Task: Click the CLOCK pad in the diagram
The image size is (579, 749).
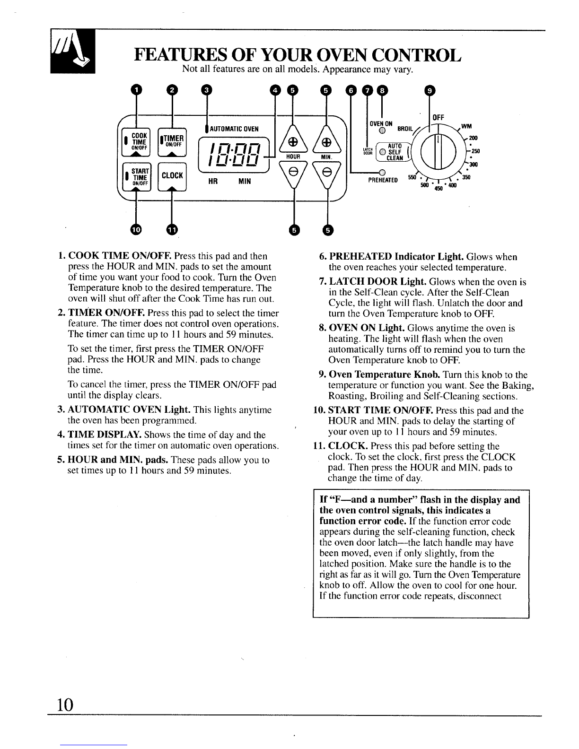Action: (172, 176)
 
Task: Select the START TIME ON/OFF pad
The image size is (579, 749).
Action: (136, 176)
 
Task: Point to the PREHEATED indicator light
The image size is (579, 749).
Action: (379, 172)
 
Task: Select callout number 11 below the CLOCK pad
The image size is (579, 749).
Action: (172, 229)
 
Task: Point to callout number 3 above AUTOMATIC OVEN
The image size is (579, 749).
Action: (205, 90)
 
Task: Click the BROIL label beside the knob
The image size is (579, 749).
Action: (405, 128)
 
